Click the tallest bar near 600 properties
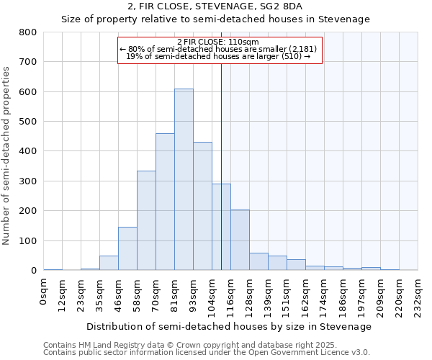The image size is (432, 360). pyautogui.click(x=184, y=180)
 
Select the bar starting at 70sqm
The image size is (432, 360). pyautogui.click(x=165, y=202)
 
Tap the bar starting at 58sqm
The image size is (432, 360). pyautogui.click(x=146, y=220)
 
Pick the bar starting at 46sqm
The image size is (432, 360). pyautogui.click(x=127, y=248)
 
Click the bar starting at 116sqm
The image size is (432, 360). pyautogui.click(x=240, y=240)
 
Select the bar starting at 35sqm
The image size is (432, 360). pyautogui.click(x=109, y=263)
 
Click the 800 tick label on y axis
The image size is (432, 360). pyautogui.click(x=28, y=32)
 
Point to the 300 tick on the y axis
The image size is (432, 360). pyautogui.click(x=28, y=181)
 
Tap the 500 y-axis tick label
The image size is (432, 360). pyautogui.click(x=28, y=122)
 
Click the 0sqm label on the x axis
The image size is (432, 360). pyautogui.click(x=44, y=292)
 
